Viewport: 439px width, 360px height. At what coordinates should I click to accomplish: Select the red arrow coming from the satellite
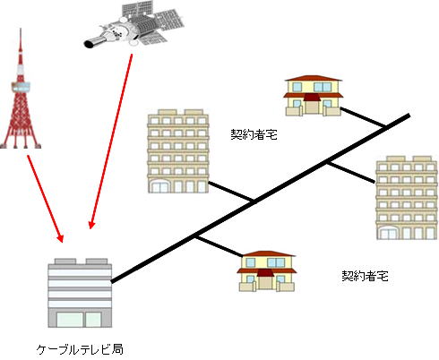[x=111, y=141]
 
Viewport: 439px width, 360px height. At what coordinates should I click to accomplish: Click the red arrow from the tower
[x=46, y=199]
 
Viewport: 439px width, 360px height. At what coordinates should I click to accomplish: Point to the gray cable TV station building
[x=80, y=293]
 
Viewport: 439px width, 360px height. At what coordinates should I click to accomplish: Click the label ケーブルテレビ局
[x=80, y=349]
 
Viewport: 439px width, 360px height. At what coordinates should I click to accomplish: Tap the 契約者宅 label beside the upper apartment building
[x=254, y=134]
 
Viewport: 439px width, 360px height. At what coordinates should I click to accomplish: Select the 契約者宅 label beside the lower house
[x=365, y=276]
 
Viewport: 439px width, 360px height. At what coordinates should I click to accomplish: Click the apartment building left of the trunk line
[x=178, y=151]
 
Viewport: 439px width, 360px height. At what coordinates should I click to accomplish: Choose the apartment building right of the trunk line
[x=407, y=198]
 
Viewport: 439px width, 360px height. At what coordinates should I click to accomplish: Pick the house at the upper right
[x=313, y=96]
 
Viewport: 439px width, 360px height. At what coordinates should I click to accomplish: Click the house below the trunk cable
[x=266, y=271]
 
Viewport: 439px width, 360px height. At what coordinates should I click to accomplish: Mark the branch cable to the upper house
[x=364, y=118]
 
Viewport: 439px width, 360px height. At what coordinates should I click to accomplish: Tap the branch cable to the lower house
[x=219, y=246]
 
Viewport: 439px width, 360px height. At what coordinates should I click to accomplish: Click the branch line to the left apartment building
[x=231, y=191]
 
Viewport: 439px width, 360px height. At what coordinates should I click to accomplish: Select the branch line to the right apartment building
[x=350, y=172]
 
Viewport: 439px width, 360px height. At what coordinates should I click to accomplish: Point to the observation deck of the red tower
[x=21, y=87]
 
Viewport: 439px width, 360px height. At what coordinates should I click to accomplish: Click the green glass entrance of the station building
[x=79, y=320]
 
